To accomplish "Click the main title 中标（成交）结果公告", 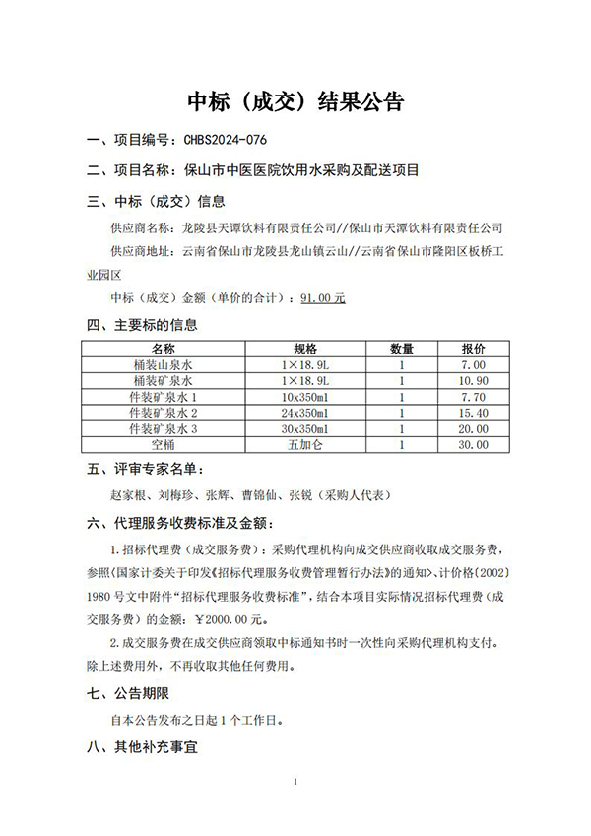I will tap(295, 102).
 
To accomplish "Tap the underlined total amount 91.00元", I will tap(324, 296).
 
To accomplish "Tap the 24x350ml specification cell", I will tap(305, 412).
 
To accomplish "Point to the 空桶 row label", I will tap(163, 444).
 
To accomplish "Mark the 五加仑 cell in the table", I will tap(305, 444).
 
